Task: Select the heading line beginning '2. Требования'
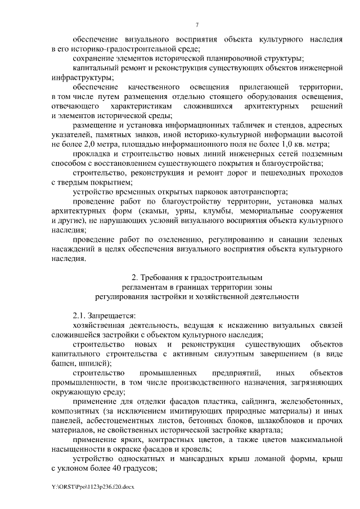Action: point(197,277)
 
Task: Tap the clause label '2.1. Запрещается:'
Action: point(104,316)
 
